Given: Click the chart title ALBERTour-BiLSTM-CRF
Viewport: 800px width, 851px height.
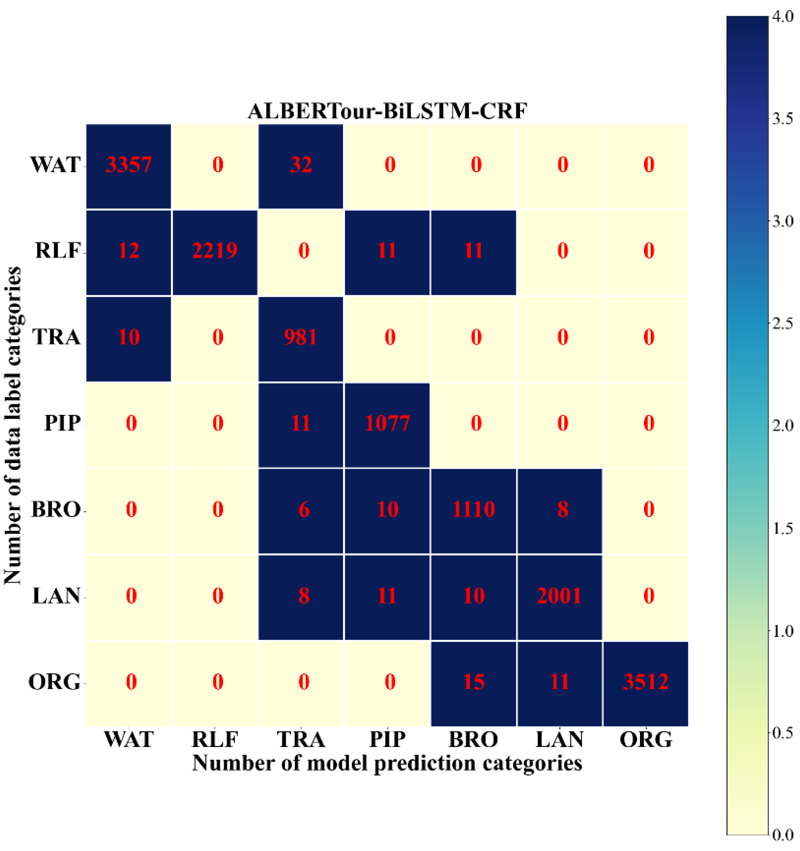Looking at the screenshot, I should coord(387,111).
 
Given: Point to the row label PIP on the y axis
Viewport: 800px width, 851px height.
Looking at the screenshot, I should coord(63,424).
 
